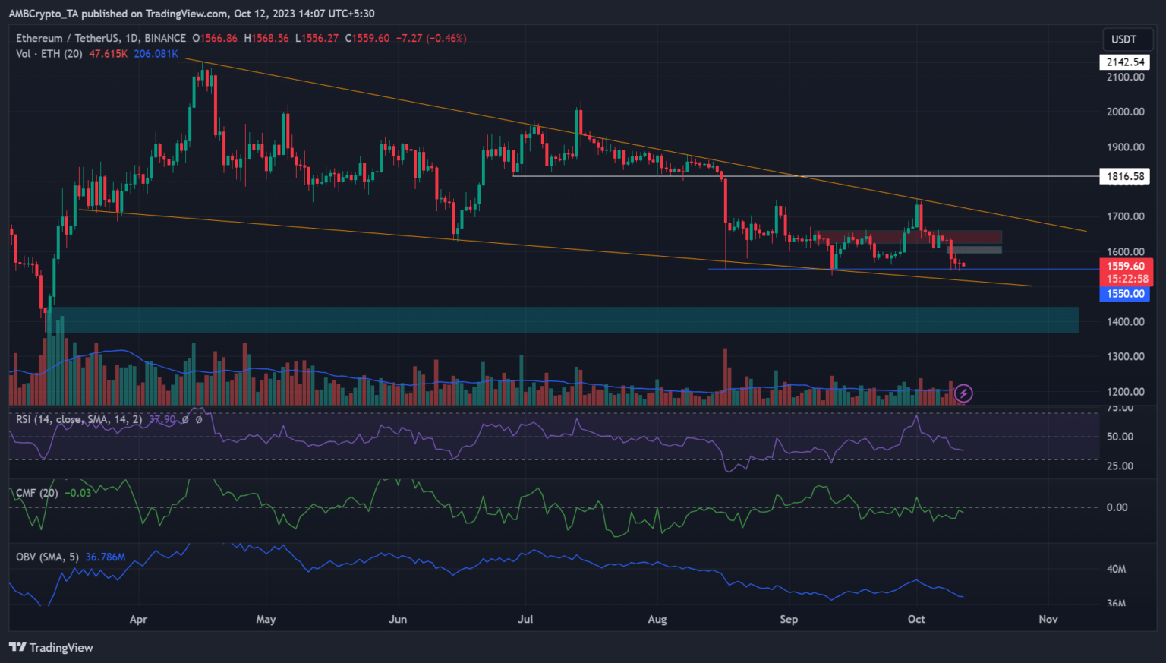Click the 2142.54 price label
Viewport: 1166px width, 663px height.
tap(1124, 62)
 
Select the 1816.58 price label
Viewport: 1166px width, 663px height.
tap(1124, 176)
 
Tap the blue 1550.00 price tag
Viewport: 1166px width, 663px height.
tap(1124, 294)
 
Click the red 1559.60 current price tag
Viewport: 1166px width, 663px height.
tap(1125, 266)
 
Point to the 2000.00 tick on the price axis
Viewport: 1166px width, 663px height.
tap(1125, 112)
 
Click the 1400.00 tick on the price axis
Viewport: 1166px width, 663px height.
tap(1125, 321)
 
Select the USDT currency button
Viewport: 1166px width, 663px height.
tap(1123, 39)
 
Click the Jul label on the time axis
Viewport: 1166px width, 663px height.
tap(525, 619)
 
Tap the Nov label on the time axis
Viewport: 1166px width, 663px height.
tap(1048, 619)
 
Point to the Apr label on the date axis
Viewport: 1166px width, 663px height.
tap(138, 619)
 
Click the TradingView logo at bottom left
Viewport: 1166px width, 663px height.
tap(51, 647)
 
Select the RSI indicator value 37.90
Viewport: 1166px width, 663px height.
tap(162, 419)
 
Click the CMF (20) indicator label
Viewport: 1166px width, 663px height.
tap(37, 493)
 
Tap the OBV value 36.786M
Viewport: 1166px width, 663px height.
tap(105, 557)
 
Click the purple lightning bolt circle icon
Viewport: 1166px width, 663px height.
tap(963, 393)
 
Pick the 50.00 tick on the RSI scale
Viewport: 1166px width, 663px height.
tap(1120, 437)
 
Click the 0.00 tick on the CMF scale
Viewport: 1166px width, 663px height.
tap(1117, 507)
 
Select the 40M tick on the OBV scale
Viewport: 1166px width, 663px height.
tap(1116, 569)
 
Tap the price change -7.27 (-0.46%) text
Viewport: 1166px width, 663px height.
tap(430, 38)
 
